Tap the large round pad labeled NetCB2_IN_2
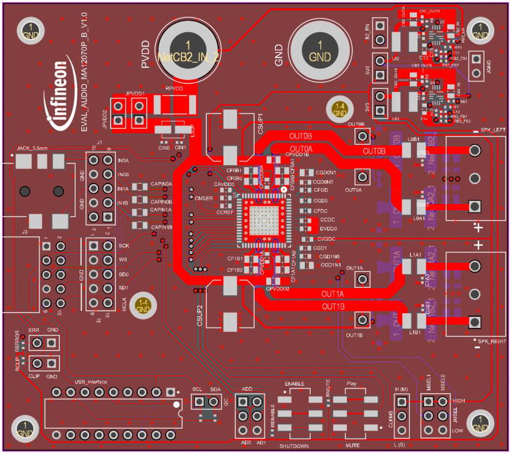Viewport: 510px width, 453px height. click(x=187, y=50)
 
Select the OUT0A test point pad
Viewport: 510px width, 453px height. click(x=362, y=177)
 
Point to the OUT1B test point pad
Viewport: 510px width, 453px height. click(x=362, y=320)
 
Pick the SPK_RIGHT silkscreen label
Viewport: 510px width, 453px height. click(x=488, y=341)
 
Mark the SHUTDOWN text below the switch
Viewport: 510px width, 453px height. click(x=294, y=446)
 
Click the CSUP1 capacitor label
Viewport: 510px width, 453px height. click(x=260, y=124)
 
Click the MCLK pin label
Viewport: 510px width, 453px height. click(x=123, y=303)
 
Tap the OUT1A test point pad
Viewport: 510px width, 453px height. click(x=362, y=280)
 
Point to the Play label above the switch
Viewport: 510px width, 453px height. click(x=352, y=383)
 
